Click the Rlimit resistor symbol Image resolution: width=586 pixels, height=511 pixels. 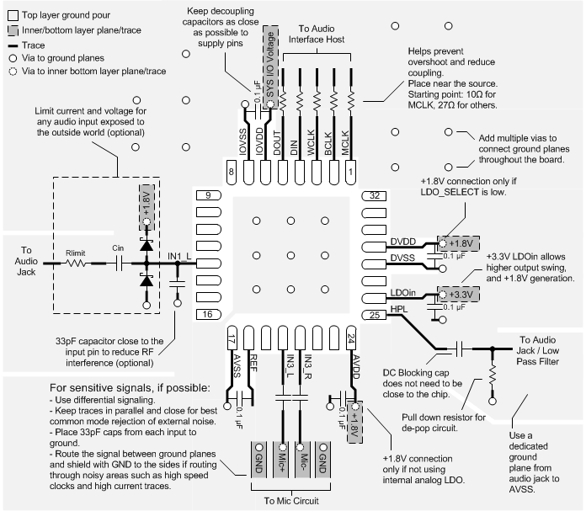pos(75,263)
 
